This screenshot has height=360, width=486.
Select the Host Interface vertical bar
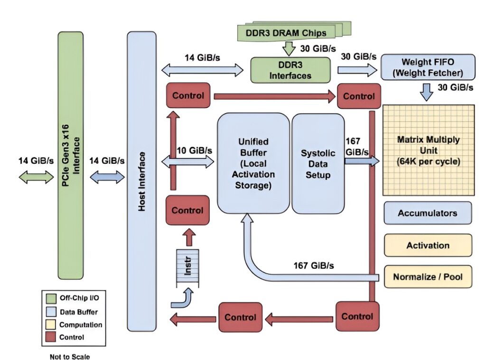coord(141,180)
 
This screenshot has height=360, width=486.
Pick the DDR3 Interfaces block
coord(290,70)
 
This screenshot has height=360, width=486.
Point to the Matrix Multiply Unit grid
coord(428,150)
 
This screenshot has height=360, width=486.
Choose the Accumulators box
coord(428,213)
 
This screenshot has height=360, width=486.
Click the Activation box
coord(428,245)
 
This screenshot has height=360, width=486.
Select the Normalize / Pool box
coord(428,276)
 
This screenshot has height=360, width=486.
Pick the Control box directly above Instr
coord(187,210)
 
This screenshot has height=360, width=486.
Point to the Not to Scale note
coord(69,355)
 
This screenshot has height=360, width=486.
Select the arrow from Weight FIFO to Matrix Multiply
coord(427,91)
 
